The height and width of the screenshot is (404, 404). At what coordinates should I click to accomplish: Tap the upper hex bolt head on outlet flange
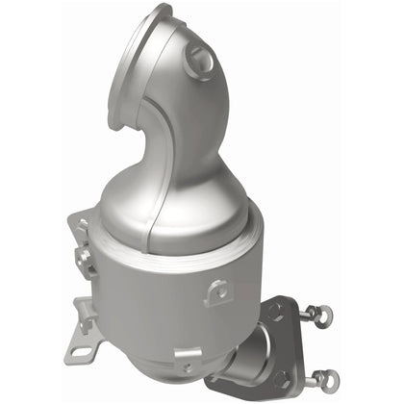click(278, 311)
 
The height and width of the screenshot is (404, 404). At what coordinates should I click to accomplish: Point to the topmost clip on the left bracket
click(84, 224)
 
